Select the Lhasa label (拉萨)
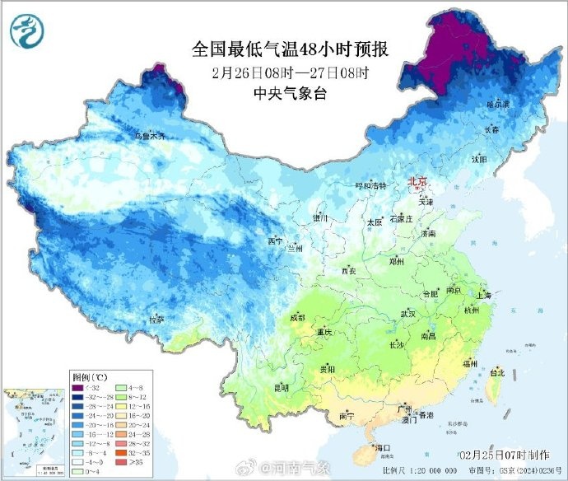click(156, 319)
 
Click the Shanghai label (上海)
click(483, 295)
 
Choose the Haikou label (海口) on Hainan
click(383, 448)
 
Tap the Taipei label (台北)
click(496, 372)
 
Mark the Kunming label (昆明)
click(282, 386)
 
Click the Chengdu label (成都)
click(296, 317)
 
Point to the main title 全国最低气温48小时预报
click(290, 49)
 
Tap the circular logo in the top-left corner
click(28, 31)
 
